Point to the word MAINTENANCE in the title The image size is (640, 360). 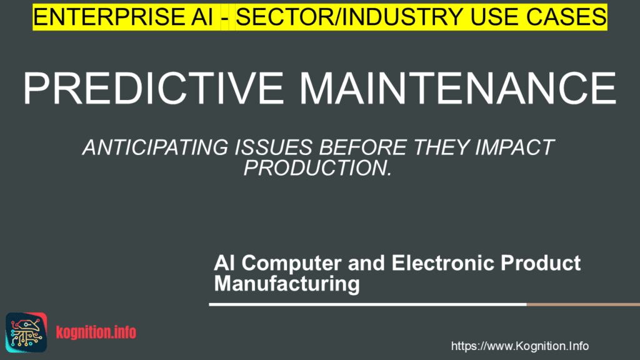tap(457, 88)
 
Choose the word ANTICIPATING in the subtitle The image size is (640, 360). tap(149, 148)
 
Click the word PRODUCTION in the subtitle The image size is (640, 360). tap(317, 167)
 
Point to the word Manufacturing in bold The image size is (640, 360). tap(287, 284)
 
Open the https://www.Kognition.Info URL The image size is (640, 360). tap(519, 346)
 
